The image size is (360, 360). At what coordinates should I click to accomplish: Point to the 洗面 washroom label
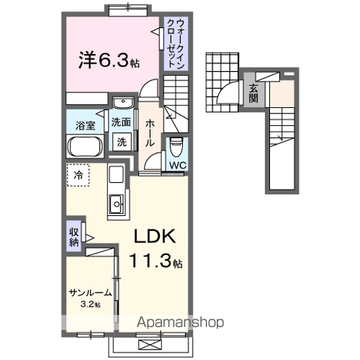tap(121, 121)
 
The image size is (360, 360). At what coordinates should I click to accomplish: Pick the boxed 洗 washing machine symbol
tap(121, 142)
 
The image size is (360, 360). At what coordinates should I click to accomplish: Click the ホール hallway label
tap(150, 131)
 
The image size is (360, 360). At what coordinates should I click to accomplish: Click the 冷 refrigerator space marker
tap(79, 175)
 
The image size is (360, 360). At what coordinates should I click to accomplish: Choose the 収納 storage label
tap(73, 235)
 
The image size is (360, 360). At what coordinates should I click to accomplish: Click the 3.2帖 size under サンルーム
tap(91, 304)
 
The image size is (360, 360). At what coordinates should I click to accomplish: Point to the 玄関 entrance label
tap(253, 94)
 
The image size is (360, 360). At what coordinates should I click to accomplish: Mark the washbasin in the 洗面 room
tap(121, 103)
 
